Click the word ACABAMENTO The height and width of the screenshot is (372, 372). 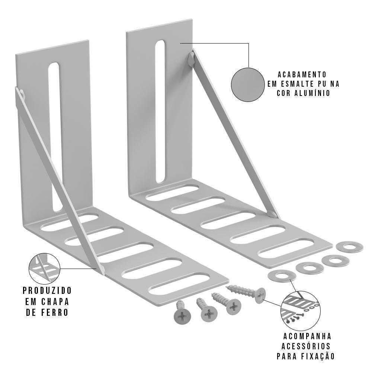tap(302, 74)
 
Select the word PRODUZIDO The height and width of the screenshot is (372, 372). tap(47, 290)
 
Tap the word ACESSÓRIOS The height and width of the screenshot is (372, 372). tap(305, 346)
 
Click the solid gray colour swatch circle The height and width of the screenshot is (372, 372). tap(247, 84)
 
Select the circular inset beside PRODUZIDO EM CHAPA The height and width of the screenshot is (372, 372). tap(44, 269)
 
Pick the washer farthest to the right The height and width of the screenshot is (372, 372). tap(349, 247)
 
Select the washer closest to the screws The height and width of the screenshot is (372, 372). tap(282, 276)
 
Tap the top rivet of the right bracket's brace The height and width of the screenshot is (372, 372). tap(191, 60)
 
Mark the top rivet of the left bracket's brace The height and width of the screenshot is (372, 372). tap(22, 94)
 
